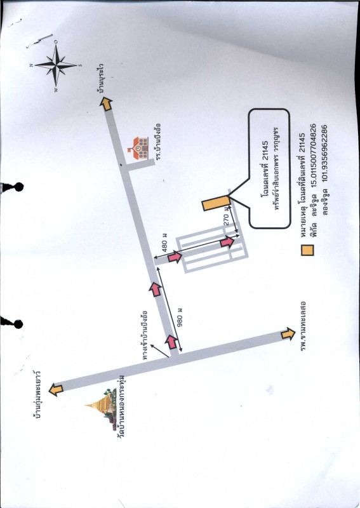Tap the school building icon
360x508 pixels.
(138, 148)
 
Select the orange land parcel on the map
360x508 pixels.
(216, 203)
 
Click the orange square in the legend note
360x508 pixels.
(307, 250)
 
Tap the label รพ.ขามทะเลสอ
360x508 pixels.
(303, 327)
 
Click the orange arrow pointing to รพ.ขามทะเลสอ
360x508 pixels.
(288, 333)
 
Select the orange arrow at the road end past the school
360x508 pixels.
(105, 104)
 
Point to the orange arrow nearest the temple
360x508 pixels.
(56, 389)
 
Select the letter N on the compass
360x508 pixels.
(32, 65)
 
